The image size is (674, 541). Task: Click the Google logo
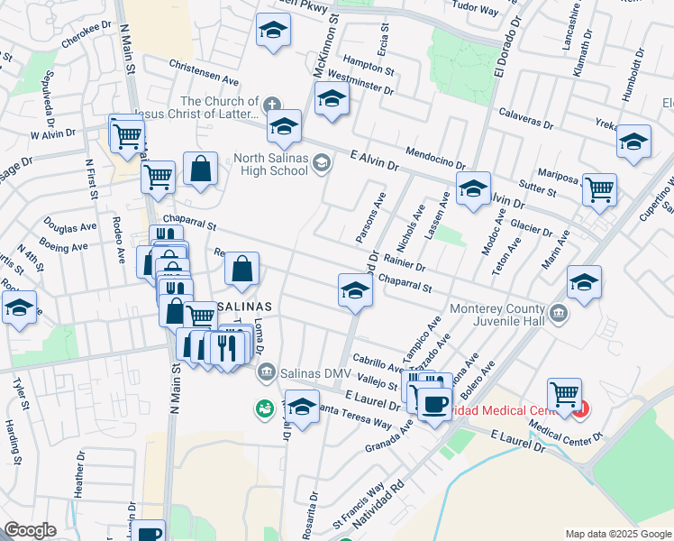(30, 530)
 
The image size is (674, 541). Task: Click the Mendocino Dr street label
(435, 158)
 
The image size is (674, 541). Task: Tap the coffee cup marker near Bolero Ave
(434, 403)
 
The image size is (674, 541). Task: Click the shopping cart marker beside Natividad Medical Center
(564, 393)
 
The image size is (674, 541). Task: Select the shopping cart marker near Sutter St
(599, 190)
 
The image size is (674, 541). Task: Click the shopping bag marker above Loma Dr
(241, 268)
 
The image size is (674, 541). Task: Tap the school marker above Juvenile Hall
(584, 281)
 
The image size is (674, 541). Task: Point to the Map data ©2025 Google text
(616, 533)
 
